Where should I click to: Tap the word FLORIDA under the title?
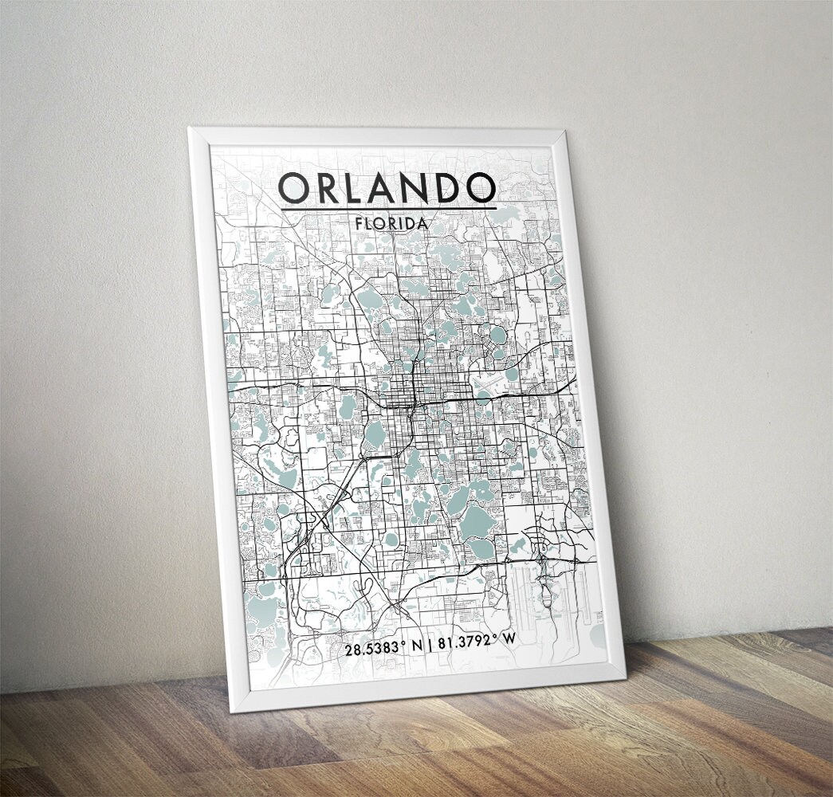392,223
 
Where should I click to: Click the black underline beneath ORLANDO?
388,209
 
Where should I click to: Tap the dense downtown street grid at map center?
411,391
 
